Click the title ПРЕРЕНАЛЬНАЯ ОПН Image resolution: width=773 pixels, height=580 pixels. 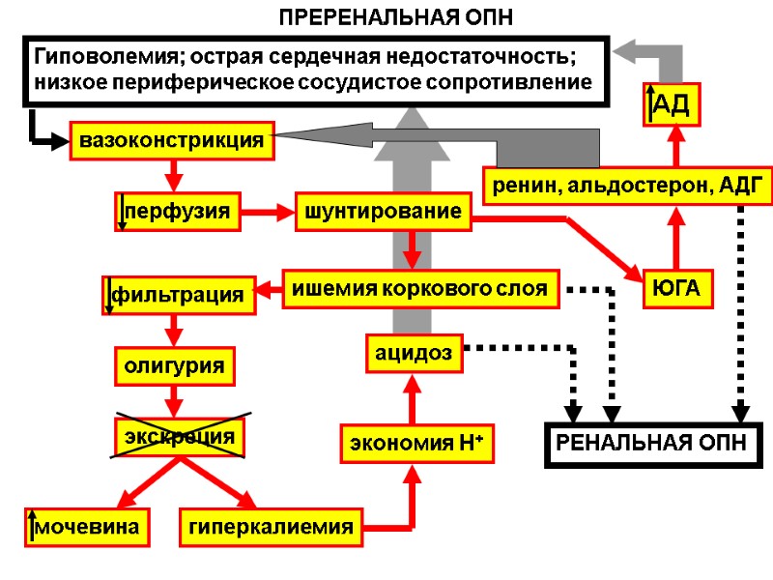(x=395, y=17)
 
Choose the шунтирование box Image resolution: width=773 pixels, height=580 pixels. (x=383, y=212)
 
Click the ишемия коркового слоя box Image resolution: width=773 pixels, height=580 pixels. (x=420, y=288)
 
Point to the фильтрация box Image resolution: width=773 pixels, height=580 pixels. (x=180, y=293)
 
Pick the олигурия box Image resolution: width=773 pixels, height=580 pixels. (x=175, y=366)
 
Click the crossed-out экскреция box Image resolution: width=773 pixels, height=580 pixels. (x=180, y=436)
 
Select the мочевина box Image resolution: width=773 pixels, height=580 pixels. (x=88, y=527)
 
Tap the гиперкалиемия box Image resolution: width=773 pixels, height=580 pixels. (x=272, y=527)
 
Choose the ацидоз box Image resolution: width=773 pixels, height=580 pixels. (x=414, y=354)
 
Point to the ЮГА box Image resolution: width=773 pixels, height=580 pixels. (x=677, y=288)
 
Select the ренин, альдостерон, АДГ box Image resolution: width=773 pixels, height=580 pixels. (x=628, y=185)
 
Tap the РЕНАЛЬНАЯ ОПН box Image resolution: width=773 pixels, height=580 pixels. (x=654, y=444)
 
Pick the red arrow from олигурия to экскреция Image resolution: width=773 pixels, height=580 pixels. (x=175, y=398)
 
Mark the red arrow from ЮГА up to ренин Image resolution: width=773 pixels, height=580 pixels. (x=676, y=238)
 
